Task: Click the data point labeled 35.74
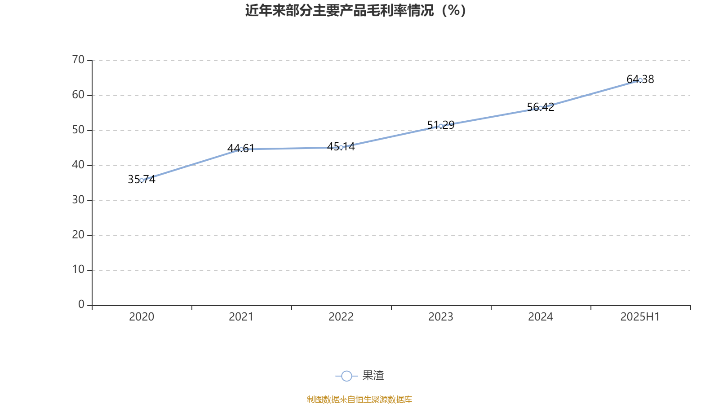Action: pos(142,180)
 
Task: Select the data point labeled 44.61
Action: pos(241,149)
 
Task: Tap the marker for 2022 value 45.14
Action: pos(341,147)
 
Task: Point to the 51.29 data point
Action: pos(441,126)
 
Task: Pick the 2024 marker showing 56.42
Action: pos(541,108)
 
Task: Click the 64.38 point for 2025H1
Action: pos(640,80)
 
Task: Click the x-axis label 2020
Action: pos(142,317)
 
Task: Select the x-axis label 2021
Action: pos(241,317)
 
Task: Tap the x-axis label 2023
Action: pos(441,317)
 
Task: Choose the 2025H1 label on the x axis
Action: pos(640,317)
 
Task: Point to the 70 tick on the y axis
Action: pos(78,60)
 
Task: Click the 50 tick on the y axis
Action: pos(78,130)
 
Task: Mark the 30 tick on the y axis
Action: pos(78,200)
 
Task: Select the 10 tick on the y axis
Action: pos(78,270)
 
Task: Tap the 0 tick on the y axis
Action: pos(81,305)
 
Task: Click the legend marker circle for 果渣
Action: pos(346,376)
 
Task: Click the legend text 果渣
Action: pos(373,376)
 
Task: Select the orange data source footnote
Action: pos(359,399)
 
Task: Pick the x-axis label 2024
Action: pos(541,317)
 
